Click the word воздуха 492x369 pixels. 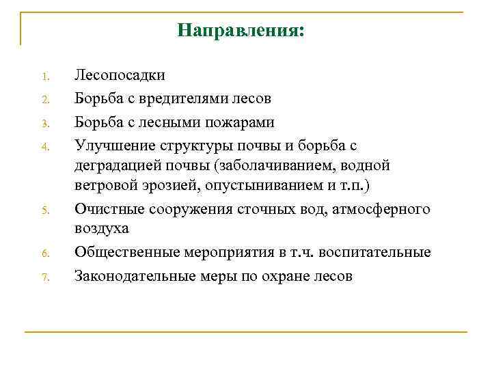102,230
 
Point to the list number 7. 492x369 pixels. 43,277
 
